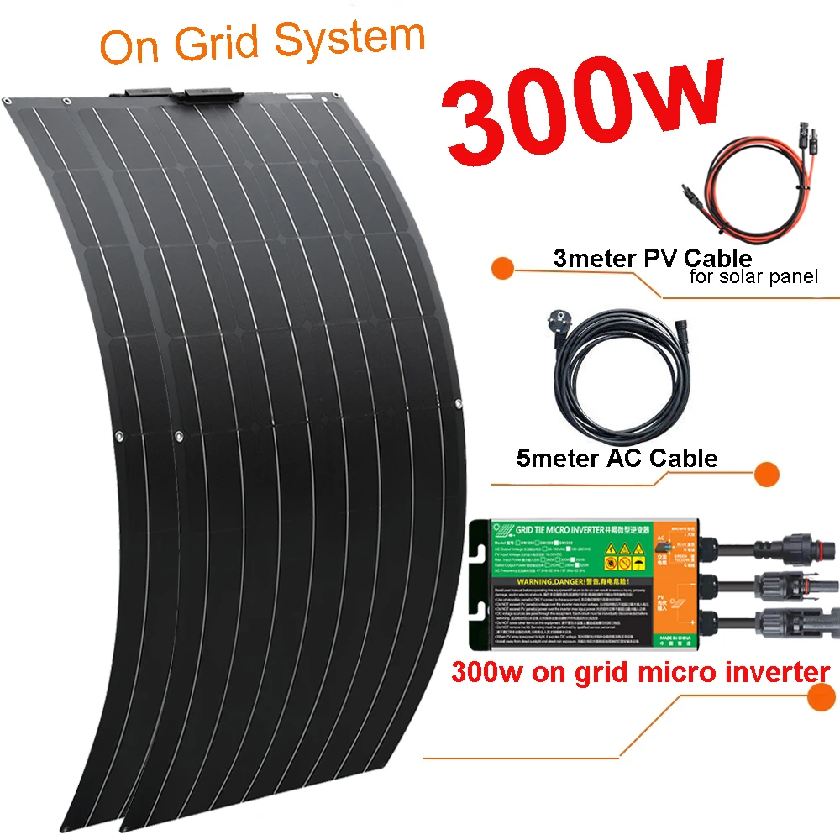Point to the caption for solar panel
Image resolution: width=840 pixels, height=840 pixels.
coord(753,276)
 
